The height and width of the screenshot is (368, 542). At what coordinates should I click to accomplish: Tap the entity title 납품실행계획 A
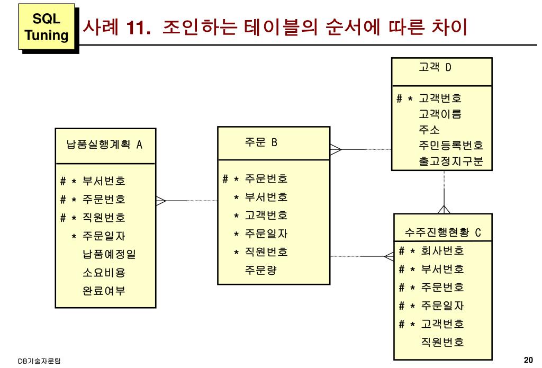(x=105, y=144)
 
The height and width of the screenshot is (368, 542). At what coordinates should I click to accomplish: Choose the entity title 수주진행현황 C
(x=442, y=232)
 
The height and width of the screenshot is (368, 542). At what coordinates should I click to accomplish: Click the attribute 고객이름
(x=440, y=113)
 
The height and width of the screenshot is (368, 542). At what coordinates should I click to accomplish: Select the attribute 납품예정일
(x=109, y=254)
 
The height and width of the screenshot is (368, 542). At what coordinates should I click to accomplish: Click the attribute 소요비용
(x=104, y=273)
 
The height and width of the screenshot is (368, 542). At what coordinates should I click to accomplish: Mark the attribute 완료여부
(x=104, y=291)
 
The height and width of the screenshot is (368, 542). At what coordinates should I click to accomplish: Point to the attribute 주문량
(x=260, y=270)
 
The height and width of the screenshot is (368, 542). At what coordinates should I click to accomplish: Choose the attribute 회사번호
(x=442, y=250)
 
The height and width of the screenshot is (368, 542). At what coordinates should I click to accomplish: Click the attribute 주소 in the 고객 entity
(x=429, y=129)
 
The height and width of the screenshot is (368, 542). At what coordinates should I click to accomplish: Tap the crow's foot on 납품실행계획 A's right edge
(x=161, y=201)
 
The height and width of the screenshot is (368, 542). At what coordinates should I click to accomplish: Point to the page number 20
(x=528, y=361)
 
